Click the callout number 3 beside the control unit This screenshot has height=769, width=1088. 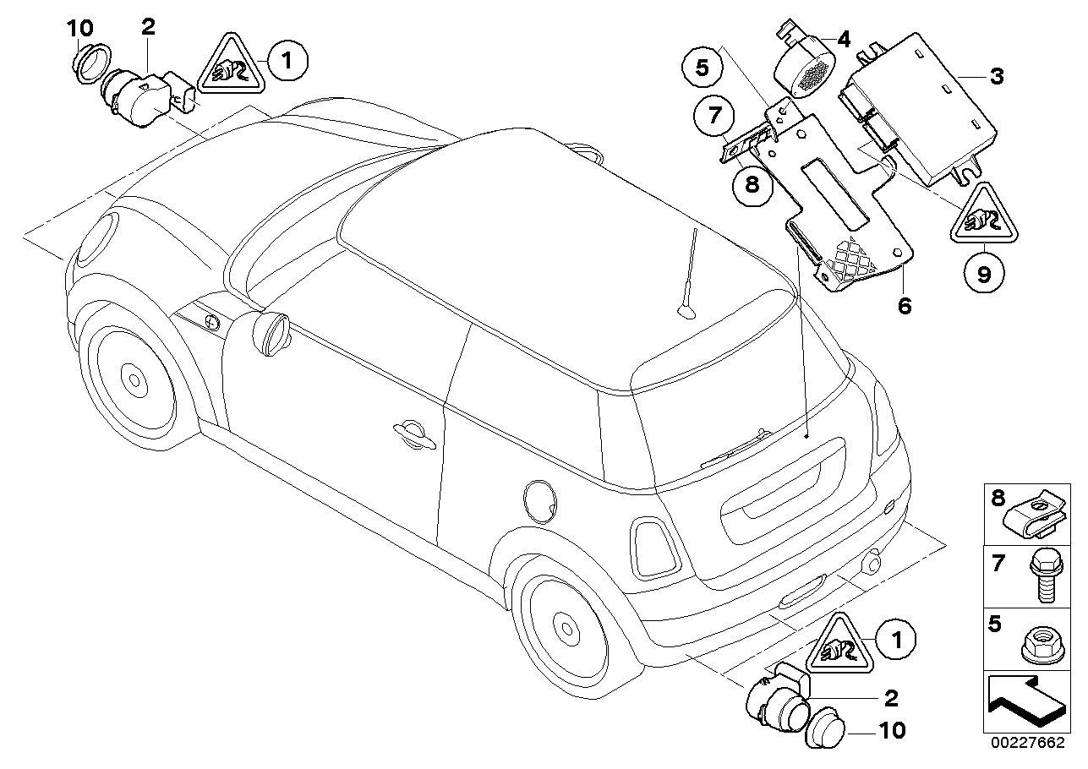[x=997, y=77]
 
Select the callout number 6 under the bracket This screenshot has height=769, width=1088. [x=905, y=306]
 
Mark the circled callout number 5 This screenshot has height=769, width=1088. [x=703, y=67]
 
